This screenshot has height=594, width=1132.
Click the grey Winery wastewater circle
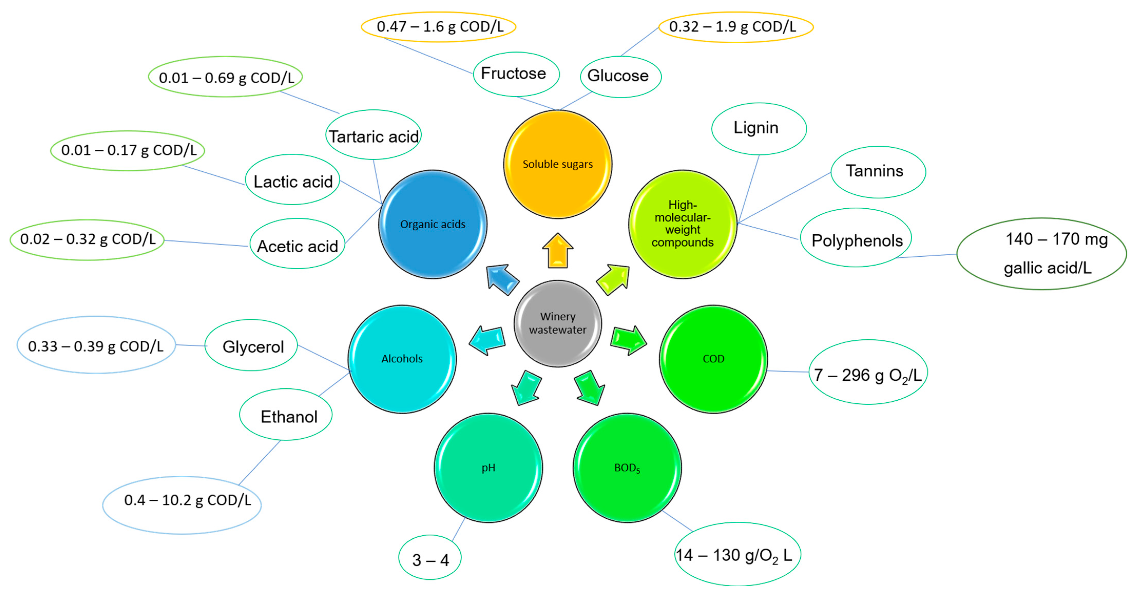tap(557, 324)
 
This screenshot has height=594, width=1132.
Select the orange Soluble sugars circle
tap(557, 164)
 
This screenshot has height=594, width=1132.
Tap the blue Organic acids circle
tap(432, 224)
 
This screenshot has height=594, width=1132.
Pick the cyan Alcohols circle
tap(402, 359)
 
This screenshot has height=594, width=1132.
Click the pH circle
tap(488, 468)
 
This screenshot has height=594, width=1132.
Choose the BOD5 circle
tap(627, 468)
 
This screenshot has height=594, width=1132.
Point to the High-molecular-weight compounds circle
tap(682, 224)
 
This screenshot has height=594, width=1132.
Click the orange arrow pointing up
tap(558, 251)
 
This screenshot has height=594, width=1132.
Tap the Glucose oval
tap(620, 76)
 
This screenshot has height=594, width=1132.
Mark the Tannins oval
tap(878, 171)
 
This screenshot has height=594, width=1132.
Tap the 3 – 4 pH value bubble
tap(430, 558)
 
